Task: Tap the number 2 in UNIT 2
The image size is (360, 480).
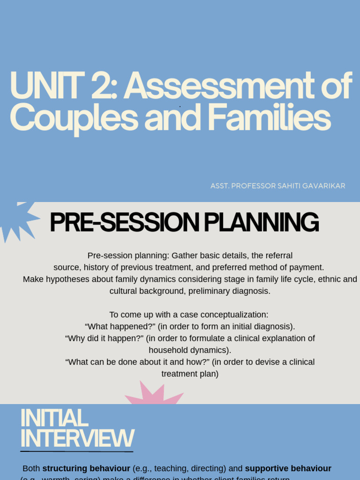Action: [x=101, y=86]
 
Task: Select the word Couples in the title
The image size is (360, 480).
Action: [x=74, y=118]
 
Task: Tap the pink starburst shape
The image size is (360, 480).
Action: [x=153, y=395]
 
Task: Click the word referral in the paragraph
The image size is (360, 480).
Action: [x=278, y=255]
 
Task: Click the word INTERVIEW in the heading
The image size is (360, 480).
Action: [x=77, y=439]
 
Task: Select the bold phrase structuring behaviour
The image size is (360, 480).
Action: [x=86, y=468]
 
